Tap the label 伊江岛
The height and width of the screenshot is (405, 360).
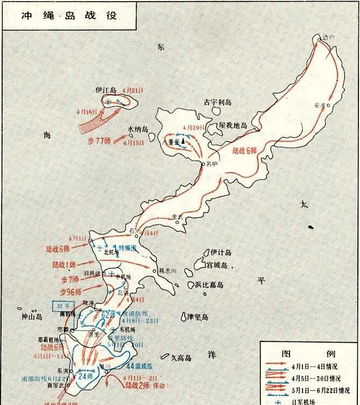pos(106,90)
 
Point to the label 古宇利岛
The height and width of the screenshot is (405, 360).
pos(216,102)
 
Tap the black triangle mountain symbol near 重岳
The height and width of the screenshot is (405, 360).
pos(183,141)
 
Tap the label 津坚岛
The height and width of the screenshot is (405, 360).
pos(200,316)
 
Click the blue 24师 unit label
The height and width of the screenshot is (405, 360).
pos(85,376)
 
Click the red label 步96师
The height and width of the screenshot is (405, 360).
pos(70,292)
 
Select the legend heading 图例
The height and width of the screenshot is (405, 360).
pos(309,353)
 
